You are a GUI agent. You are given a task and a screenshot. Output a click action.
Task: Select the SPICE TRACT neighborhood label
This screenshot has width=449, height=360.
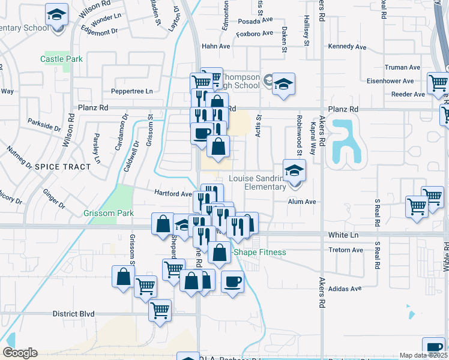[61, 166]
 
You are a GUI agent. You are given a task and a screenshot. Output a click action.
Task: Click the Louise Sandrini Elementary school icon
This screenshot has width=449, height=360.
[294, 171]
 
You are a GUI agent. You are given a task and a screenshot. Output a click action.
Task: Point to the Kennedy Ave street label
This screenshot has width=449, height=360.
[346, 46]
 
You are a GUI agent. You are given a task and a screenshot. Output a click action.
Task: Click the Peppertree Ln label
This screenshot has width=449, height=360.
[131, 91]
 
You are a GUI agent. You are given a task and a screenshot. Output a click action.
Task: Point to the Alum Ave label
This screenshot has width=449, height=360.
[301, 202]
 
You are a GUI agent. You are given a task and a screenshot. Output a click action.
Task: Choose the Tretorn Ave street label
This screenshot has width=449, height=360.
[346, 250]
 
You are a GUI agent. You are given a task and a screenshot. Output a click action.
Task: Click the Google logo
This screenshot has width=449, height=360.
[20, 353]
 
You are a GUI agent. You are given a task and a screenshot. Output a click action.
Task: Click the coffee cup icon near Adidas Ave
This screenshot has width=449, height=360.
[232, 281]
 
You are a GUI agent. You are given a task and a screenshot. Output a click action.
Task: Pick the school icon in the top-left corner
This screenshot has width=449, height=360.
[56, 14]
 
